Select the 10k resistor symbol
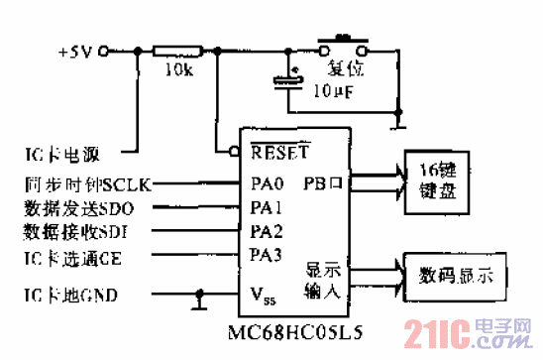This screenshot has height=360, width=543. point(179,51)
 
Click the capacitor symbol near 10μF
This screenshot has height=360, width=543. point(288,80)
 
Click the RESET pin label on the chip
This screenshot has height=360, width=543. point(280,154)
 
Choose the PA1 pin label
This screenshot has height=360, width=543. point(266,209)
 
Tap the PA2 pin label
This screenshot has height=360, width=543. point(266,233)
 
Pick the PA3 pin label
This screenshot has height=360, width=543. point(266,256)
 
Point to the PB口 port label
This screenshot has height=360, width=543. point(322,184)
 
